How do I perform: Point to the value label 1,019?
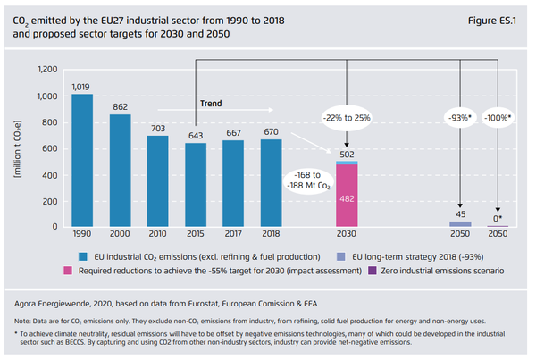click(81, 87)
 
